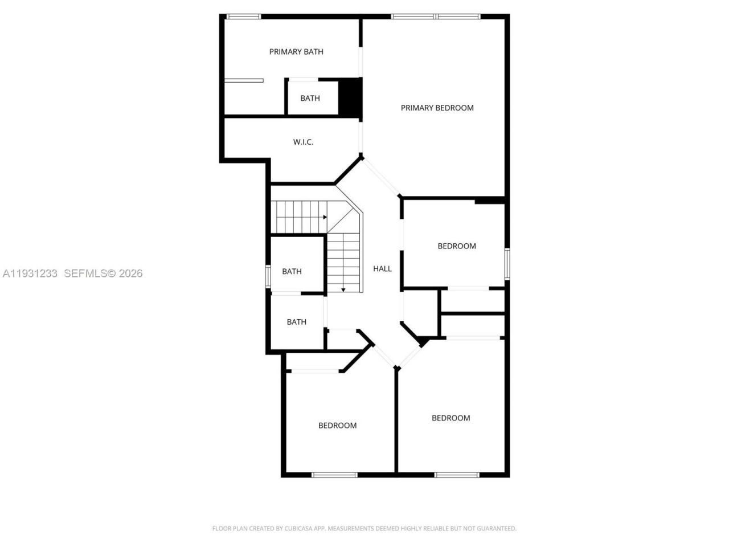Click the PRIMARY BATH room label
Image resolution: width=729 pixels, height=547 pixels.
296,52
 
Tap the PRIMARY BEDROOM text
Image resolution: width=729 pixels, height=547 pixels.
437,108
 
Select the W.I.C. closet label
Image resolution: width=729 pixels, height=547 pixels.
303,142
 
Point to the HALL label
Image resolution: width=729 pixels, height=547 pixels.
382,268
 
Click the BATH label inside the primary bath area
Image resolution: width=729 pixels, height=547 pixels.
310,98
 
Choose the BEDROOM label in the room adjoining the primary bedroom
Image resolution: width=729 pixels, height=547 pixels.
456,246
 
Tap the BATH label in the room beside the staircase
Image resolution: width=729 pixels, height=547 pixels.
292,271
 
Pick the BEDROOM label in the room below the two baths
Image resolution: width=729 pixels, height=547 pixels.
337,425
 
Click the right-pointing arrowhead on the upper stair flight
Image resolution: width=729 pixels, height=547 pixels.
325,217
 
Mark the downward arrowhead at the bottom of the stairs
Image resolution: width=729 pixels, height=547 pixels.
343,289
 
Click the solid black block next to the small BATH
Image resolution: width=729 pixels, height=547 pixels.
350,97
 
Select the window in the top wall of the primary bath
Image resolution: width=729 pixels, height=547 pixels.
244,17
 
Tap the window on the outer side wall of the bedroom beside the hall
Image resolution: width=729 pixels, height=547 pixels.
507,263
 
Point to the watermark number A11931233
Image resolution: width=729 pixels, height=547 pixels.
30,273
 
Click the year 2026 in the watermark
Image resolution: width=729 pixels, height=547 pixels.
130,273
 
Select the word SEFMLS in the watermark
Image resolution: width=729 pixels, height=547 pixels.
85,273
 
